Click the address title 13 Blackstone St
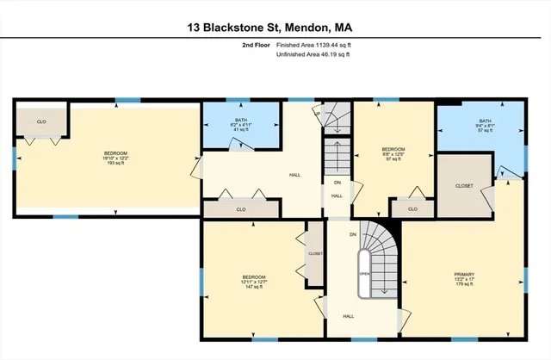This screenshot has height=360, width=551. (275, 28)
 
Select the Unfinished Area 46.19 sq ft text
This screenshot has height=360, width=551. (313, 54)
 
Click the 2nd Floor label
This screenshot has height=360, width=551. (256, 45)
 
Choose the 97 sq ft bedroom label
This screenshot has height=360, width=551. (393, 153)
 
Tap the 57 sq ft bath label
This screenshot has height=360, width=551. (486, 126)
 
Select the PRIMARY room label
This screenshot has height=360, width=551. (465, 276)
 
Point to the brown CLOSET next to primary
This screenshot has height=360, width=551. (464, 185)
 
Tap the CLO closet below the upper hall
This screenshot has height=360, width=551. (240, 209)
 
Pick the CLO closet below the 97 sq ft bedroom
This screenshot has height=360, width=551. (412, 208)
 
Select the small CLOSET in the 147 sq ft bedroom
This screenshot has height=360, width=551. (315, 254)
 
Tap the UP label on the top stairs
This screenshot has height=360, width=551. (318, 113)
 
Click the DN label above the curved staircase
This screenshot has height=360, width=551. (353, 234)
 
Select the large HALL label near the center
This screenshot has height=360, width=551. (294, 174)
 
